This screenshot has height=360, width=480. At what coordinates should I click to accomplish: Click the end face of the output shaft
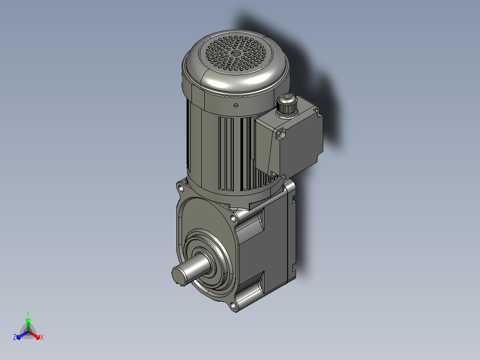[179, 275]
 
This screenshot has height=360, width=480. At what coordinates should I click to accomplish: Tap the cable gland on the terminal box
[287, 105]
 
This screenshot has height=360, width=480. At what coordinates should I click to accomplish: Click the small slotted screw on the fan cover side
[236, 106]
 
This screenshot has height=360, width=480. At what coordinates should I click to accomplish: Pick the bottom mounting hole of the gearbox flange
[233, 305]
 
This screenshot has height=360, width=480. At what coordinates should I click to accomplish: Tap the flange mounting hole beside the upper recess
[233, 218]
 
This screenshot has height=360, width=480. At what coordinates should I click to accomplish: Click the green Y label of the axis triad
[28, 313]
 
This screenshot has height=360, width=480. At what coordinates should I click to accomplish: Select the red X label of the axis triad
[42, 337]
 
